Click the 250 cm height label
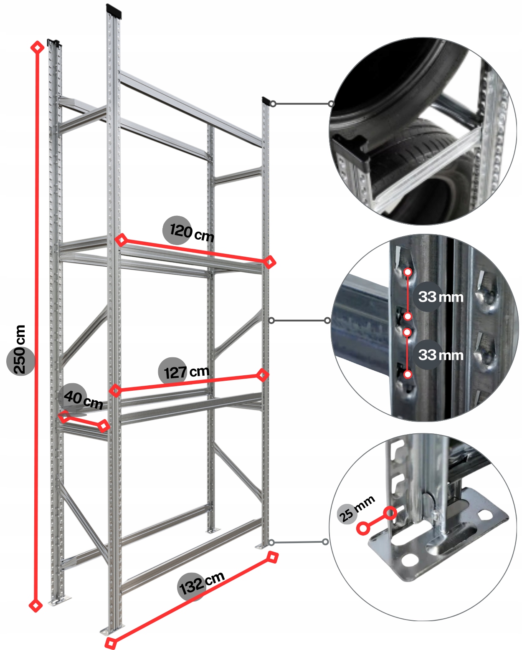click(x=20, y=350)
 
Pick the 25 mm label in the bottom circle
click(x=355, y=509)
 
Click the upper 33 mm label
click(x=441, y=297)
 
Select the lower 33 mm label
click(x=441, y=355)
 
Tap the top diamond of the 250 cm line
click(x=38, y=47)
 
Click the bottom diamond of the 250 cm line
click(x=35, y=605)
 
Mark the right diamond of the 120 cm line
click(x=270, y=262)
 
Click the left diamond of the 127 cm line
click(x=115, y=391)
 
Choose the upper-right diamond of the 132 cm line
click(x=272, y=557)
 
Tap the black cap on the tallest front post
click(x=114, y=10)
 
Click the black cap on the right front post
click(x=266, y=101)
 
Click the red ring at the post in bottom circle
click(x=390, y=513)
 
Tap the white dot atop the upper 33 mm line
click(x=408, y=272)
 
